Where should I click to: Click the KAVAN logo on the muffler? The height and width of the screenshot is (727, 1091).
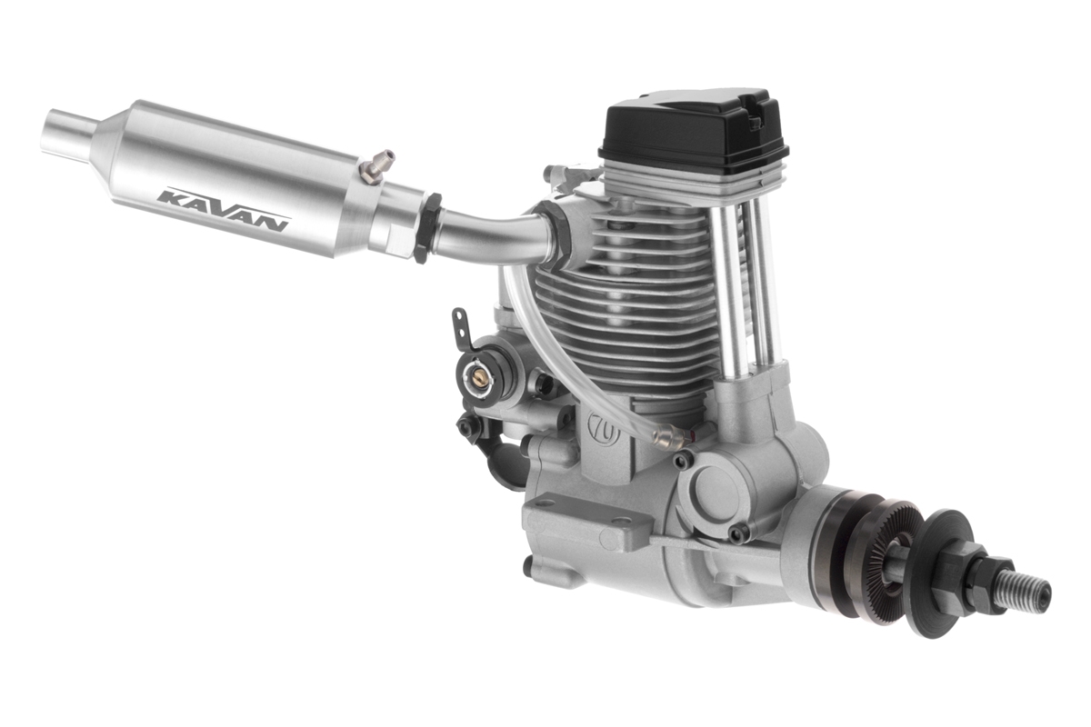(223, 209)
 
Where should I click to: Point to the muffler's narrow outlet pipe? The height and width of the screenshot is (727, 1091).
(68, 133)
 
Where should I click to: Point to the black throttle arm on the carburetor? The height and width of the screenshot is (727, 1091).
(461, 327)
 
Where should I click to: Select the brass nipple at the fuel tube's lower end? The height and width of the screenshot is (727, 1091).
(671, 442)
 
